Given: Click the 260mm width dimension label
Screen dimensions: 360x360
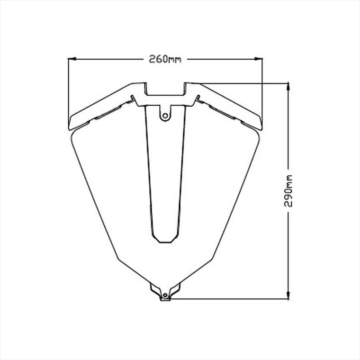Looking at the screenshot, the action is coord(165,59).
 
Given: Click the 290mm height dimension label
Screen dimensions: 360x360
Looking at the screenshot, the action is coord(288,191).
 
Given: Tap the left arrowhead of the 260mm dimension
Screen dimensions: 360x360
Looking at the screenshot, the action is coord(72,59).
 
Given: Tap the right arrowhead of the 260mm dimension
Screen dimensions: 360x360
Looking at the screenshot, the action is coord(259,59).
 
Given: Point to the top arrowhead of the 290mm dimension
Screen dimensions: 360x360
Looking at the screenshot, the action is coord(288,87).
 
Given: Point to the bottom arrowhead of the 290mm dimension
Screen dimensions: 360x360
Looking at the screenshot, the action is coord(288,295).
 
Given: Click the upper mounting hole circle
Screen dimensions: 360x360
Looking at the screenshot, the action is coord(165,116).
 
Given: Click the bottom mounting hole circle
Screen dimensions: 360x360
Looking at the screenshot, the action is coord(165,295).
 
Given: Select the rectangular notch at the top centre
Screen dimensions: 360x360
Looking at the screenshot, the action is coord(165,89).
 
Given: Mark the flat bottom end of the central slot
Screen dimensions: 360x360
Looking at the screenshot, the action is coord(165,242).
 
